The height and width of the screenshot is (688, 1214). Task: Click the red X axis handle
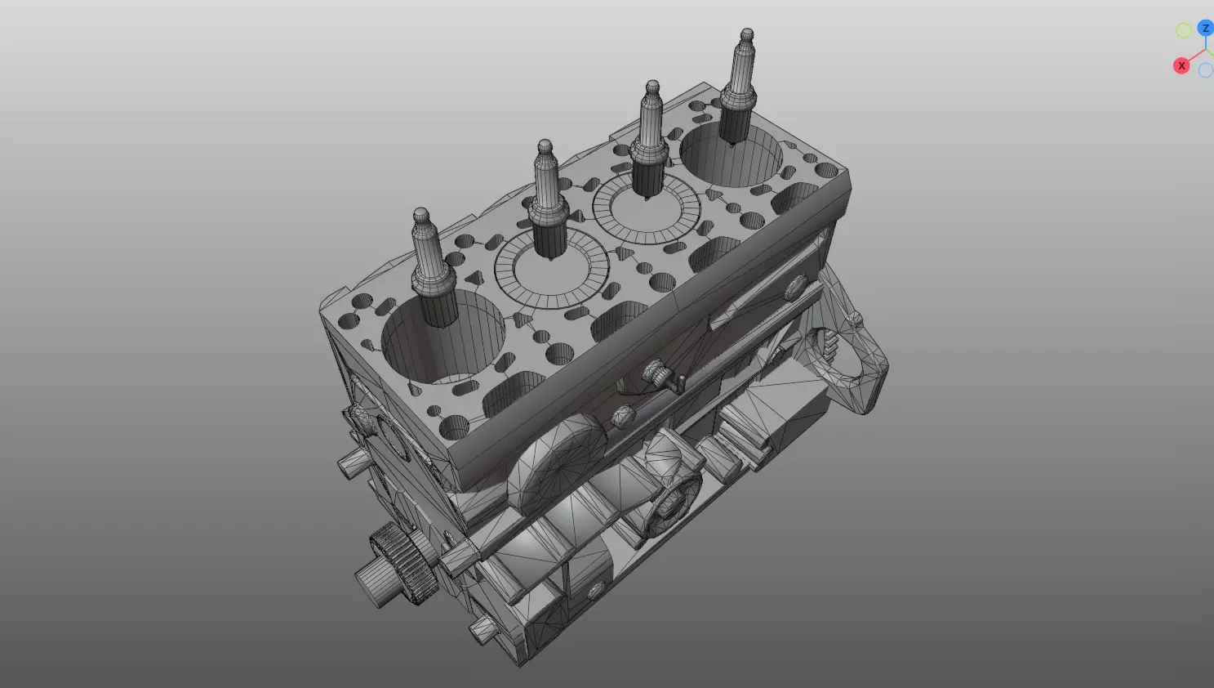coord(1181,65)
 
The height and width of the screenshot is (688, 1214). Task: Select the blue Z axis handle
coord(1205,29)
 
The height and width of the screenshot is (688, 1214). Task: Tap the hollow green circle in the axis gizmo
coord(1183,31)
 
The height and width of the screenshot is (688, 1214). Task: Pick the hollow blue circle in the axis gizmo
coord(1205,71)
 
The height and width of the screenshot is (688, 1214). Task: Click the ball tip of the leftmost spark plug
coord(420,217)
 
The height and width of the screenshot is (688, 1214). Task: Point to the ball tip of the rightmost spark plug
coord(746,36)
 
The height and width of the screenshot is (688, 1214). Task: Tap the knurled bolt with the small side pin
coord(661,376)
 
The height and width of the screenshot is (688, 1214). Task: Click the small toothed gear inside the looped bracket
coord(829,347)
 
